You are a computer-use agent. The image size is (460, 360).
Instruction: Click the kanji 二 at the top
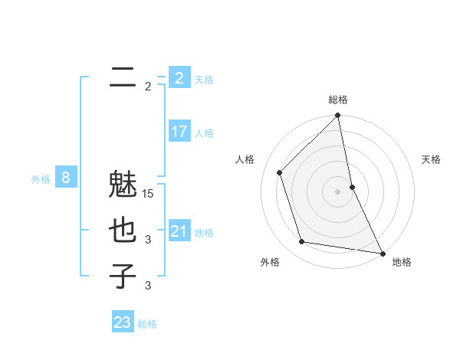point(123,77)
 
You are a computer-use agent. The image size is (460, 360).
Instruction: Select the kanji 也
point(123,231)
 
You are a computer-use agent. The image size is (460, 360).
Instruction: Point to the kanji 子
point(123,275)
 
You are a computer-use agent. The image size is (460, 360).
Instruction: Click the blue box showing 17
point(179,132)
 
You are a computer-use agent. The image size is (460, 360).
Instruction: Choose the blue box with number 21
point(179,231)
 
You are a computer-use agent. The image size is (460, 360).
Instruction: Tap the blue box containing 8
point(66,178)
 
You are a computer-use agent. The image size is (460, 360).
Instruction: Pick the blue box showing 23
point(122,322)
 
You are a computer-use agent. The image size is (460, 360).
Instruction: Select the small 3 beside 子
point(148,286)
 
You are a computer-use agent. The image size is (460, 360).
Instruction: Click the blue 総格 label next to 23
point(148,324)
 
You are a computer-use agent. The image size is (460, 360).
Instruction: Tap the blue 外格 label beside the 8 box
point(41,179)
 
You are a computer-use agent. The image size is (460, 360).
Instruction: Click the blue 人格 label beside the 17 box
point(204,133)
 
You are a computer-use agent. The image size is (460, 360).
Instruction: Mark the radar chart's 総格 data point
point(337,116)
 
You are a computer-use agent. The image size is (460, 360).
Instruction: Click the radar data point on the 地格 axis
point(382,252)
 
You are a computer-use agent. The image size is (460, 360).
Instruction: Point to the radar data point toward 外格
point(302,242)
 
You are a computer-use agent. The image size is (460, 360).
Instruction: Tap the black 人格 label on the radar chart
point(245,159)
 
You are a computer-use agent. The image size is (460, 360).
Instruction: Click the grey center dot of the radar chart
point(337,191)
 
